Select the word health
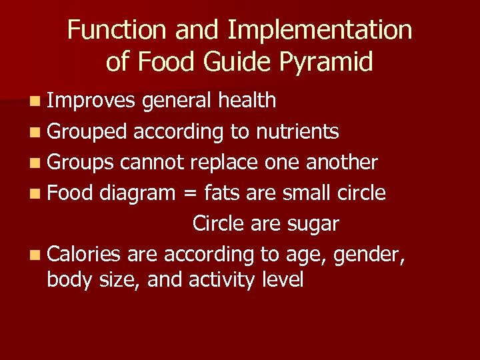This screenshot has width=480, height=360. (247, 101)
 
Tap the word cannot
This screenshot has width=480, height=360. (154, 163)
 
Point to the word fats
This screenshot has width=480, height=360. (221, 193)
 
